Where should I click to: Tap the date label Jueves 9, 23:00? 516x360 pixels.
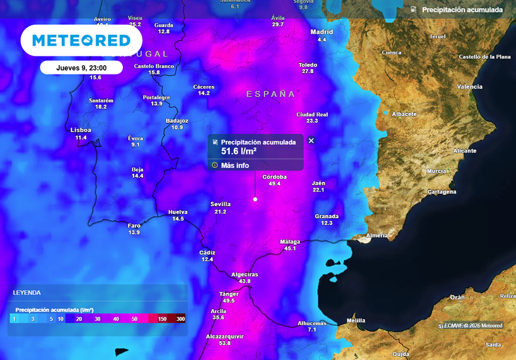click(81, 67)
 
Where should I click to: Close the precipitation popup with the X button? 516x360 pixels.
click(311, 140)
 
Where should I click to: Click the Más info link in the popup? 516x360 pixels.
click(234, 165)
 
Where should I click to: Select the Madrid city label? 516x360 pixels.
click(322, 32)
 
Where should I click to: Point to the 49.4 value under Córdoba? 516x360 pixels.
click(274, 183)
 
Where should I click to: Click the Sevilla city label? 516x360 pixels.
click(220, 204)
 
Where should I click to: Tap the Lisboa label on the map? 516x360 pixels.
click(81, 130)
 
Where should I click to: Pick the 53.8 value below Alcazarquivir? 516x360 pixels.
click(224, 343)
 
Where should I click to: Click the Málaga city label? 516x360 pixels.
click(290, 241)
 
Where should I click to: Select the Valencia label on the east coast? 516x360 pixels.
click(470, 87)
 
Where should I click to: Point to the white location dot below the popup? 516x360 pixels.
click(255, 199)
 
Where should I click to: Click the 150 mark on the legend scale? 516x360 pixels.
click(162, 319)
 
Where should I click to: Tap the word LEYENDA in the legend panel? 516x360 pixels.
click(27, 293)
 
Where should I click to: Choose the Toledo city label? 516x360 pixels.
click(308, 64)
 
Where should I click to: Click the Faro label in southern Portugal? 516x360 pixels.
click(134, 225)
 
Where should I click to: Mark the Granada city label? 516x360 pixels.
click(327, 216)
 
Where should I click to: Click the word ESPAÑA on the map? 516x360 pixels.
click(271, 94)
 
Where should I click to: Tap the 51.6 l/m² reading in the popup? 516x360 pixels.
click(239, 151)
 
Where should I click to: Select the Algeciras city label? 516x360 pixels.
click(244, 274)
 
